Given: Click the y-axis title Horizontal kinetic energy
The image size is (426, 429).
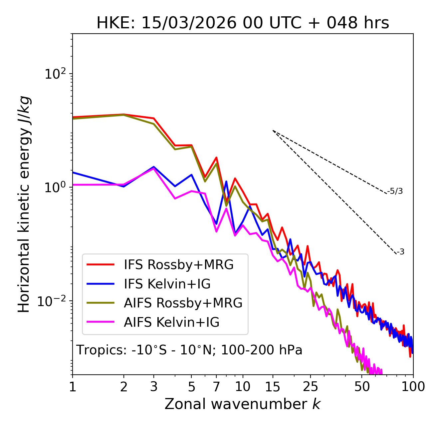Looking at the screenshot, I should coord(24,204).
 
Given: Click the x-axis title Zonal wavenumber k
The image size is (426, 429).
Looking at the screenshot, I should coord(242,404).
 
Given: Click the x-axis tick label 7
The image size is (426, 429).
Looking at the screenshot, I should coord(216,387).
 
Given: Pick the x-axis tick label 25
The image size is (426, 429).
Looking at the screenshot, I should coord(310,387).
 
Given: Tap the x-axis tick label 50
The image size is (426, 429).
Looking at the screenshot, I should coord(362,387).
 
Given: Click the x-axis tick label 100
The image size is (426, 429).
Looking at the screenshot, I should coord(413,387).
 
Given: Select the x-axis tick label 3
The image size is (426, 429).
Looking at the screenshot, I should coord(154,387).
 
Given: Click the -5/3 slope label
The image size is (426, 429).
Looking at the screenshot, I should coord(395,191).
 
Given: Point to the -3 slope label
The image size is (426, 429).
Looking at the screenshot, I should coord(400,252).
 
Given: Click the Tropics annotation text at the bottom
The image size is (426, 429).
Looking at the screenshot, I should coord(189,350).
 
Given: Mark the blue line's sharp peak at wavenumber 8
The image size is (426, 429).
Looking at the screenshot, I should coord(226,182).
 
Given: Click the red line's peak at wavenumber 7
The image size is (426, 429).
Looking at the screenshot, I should coord(216,158).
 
